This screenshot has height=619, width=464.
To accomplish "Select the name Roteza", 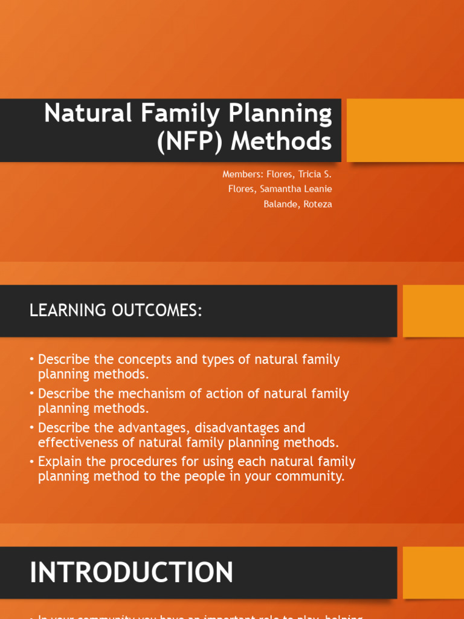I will [x=317, y=204].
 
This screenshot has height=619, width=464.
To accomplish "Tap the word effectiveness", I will [x=74, y=442].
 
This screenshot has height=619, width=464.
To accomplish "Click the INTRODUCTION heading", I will [x=132, y=572].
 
